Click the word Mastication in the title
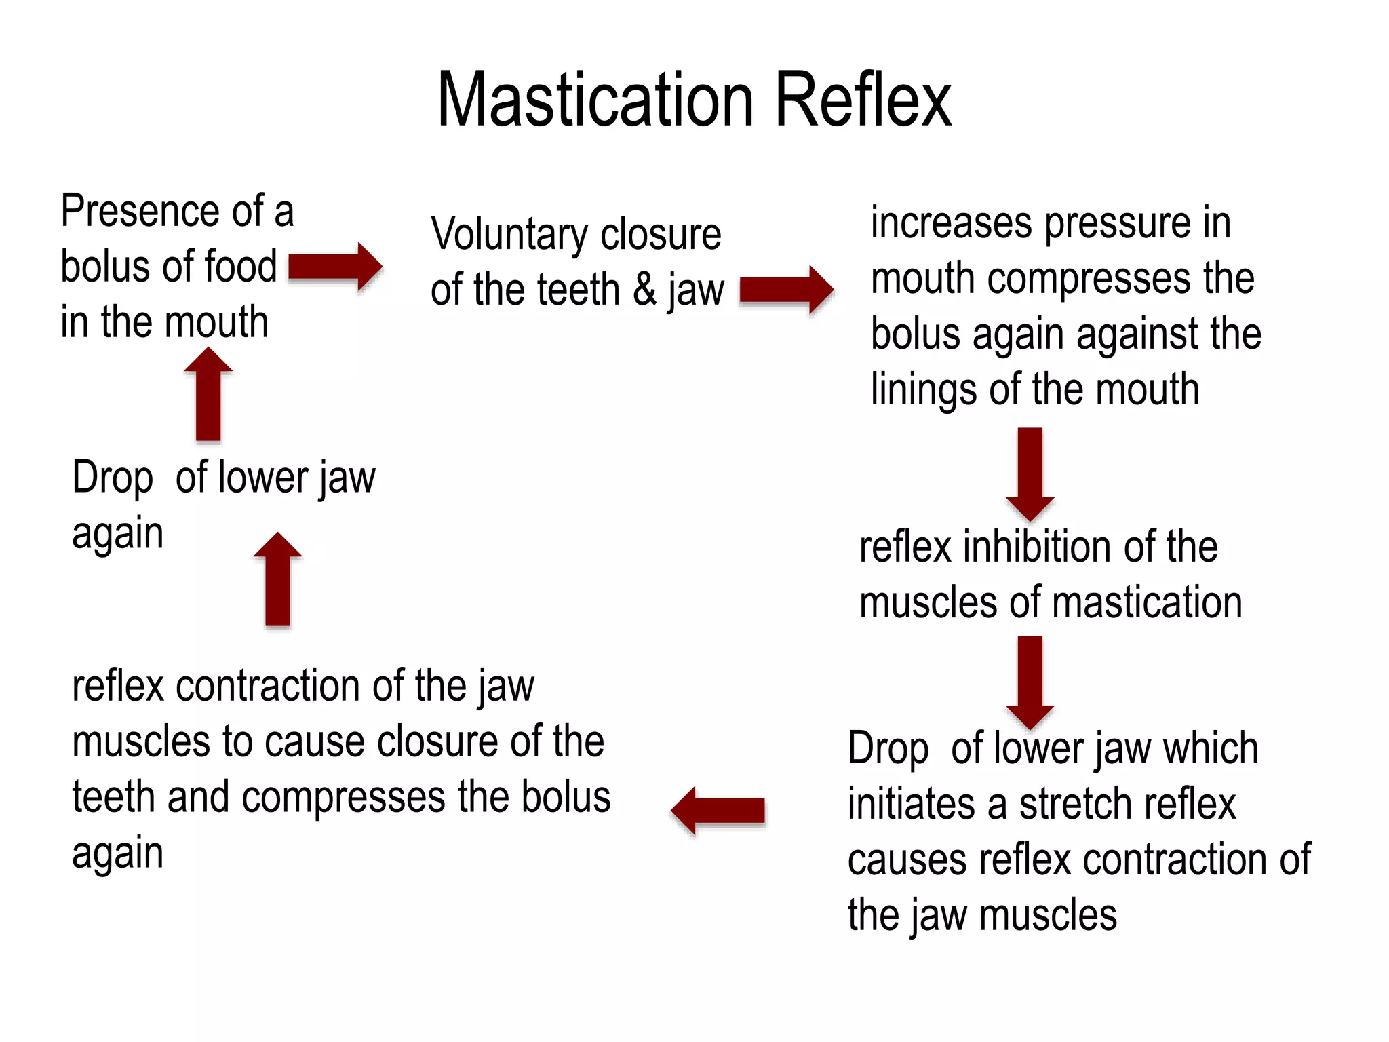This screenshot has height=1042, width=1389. (x=595, y=100)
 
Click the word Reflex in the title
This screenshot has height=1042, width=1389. (x=863, y=100)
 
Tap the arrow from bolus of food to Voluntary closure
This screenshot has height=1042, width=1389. (x=335, y=267)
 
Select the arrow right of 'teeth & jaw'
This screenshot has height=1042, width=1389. (x=786, y=290)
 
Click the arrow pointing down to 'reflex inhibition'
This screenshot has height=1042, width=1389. (x=1030, y=474)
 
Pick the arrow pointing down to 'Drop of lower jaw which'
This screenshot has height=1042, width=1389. (x=1030, y=682)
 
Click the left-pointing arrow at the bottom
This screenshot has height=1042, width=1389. (x=718, y=810)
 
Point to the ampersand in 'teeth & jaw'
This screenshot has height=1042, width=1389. (x=644, y=290)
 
